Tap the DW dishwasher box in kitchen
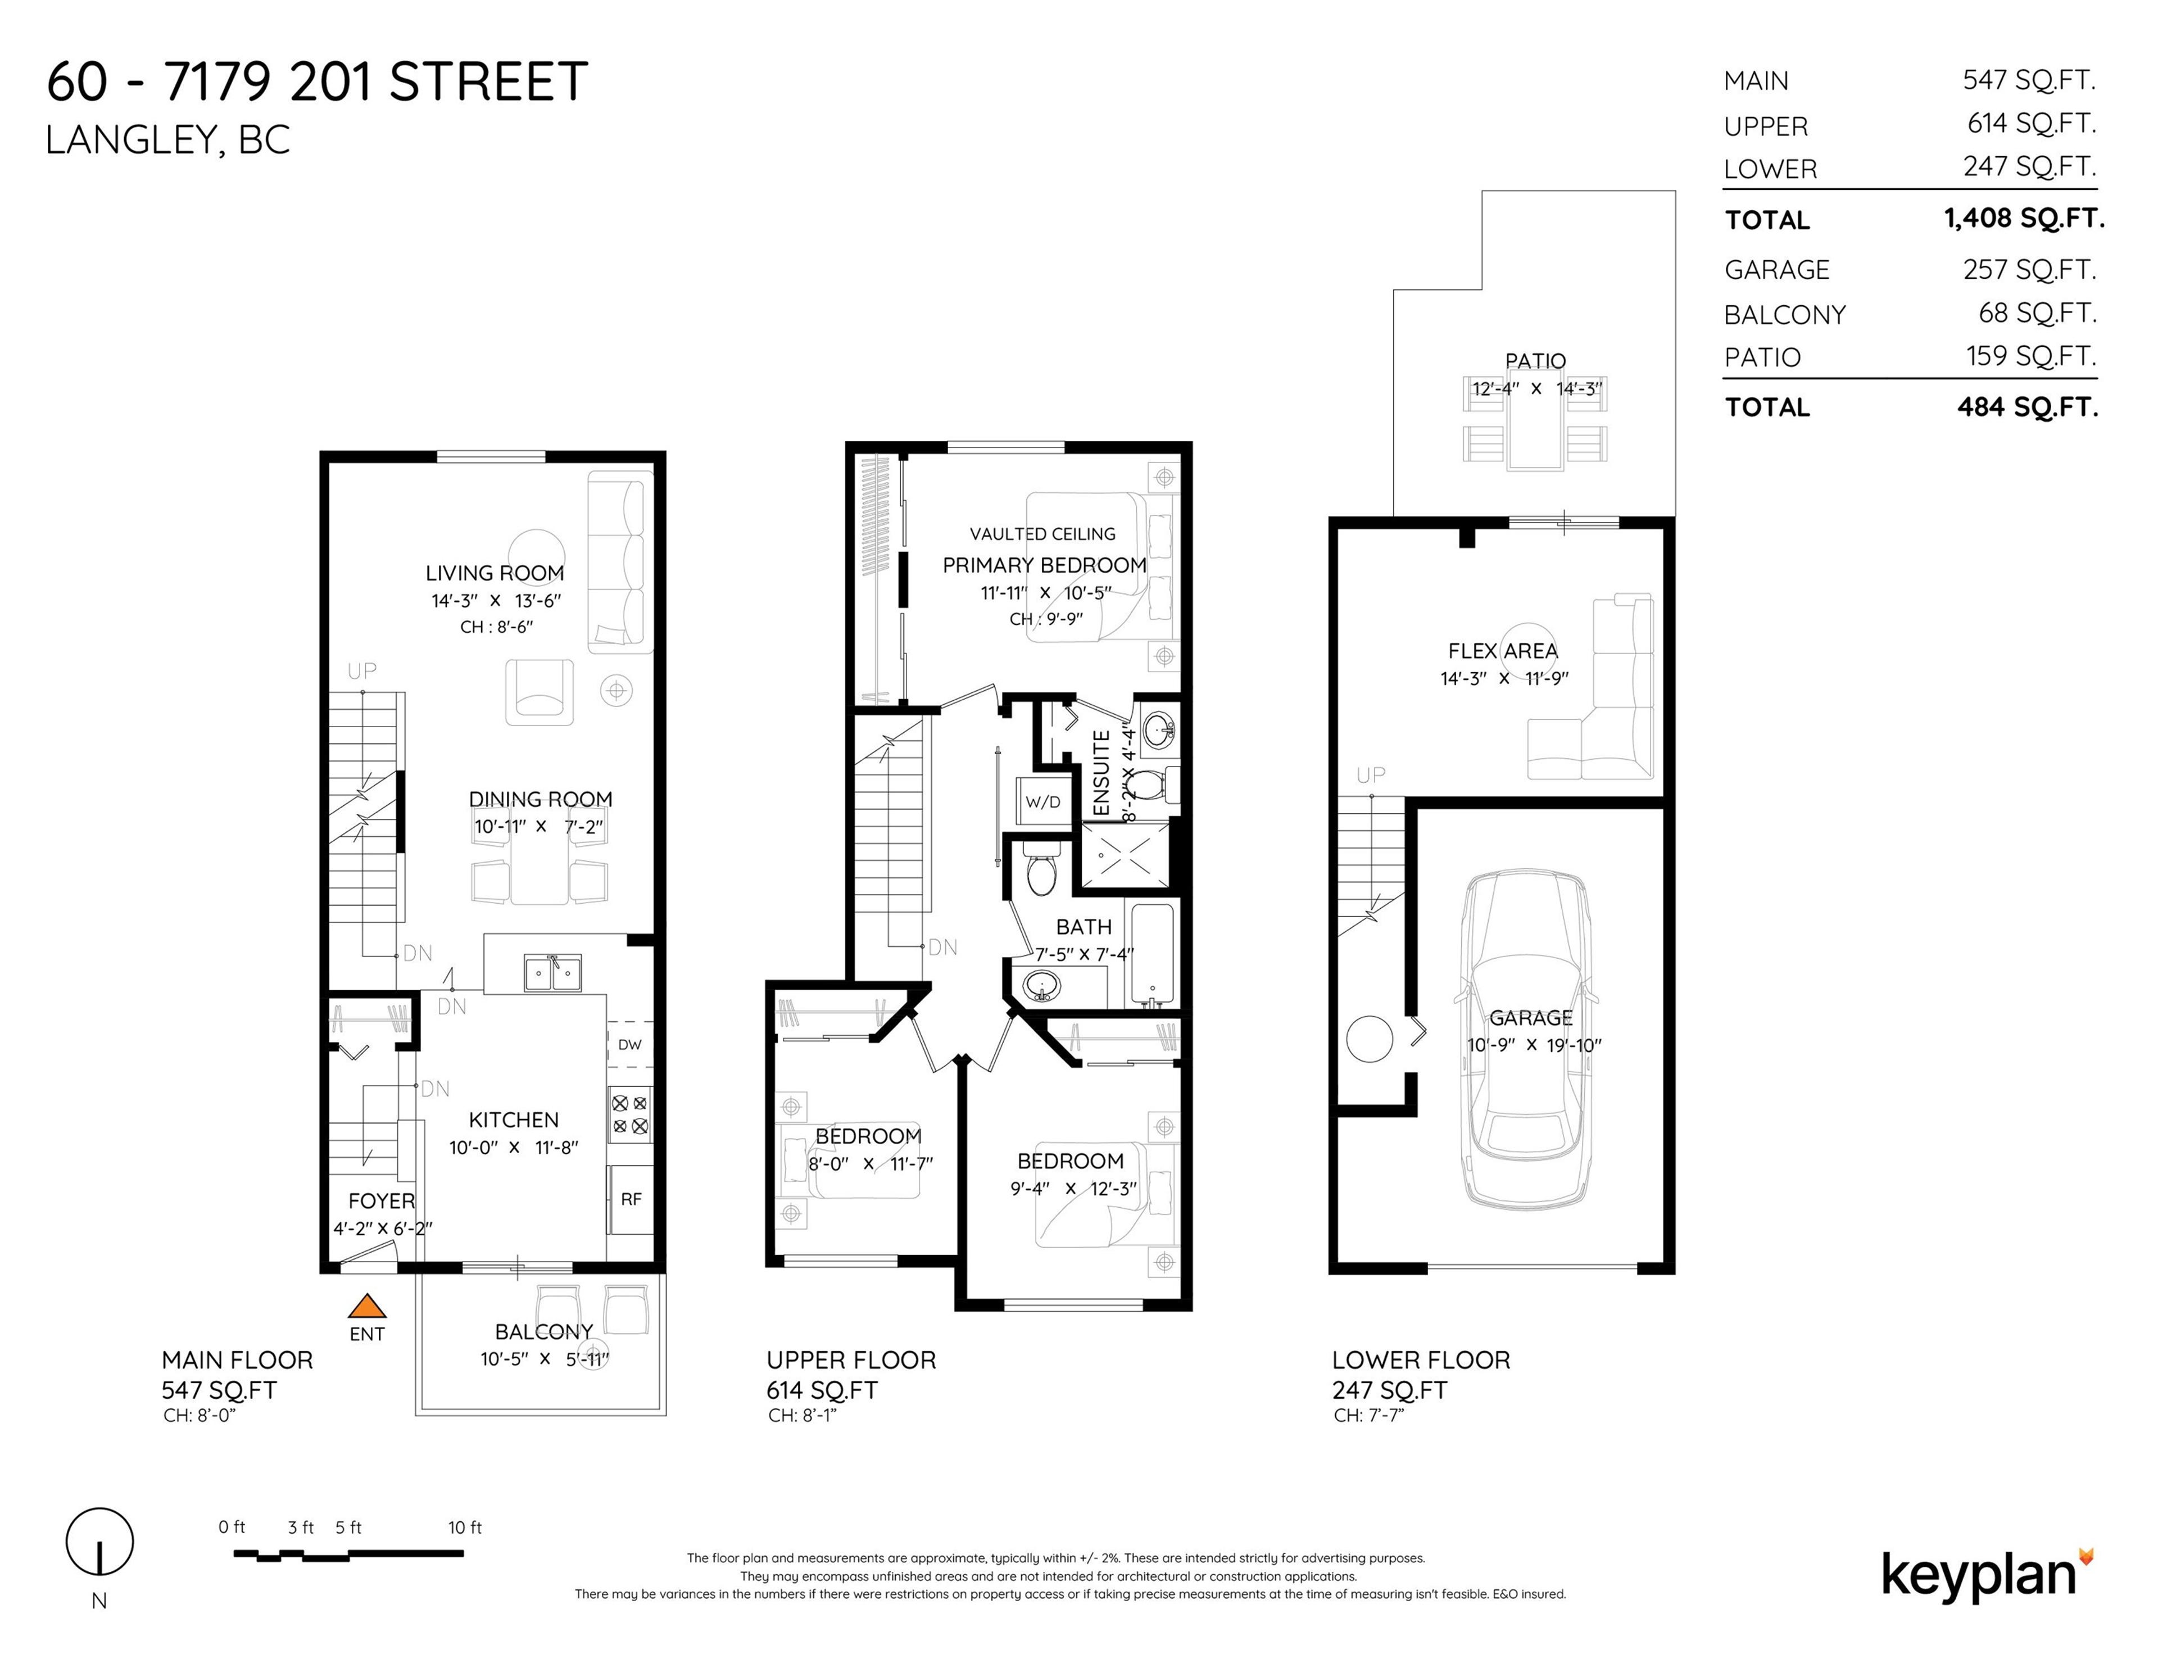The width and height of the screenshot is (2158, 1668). (629, 1045)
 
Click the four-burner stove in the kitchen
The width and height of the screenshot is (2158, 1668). (629, 1114)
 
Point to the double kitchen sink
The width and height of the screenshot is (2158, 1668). (551, 973)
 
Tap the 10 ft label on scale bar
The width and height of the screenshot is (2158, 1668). (464, 1528)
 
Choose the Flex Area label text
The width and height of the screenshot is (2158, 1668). (1502, 651)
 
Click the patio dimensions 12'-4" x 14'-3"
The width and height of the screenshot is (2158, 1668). (1535, 388)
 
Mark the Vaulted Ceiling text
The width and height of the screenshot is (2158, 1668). (1042, 533)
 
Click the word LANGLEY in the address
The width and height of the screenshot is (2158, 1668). (125, 140)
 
